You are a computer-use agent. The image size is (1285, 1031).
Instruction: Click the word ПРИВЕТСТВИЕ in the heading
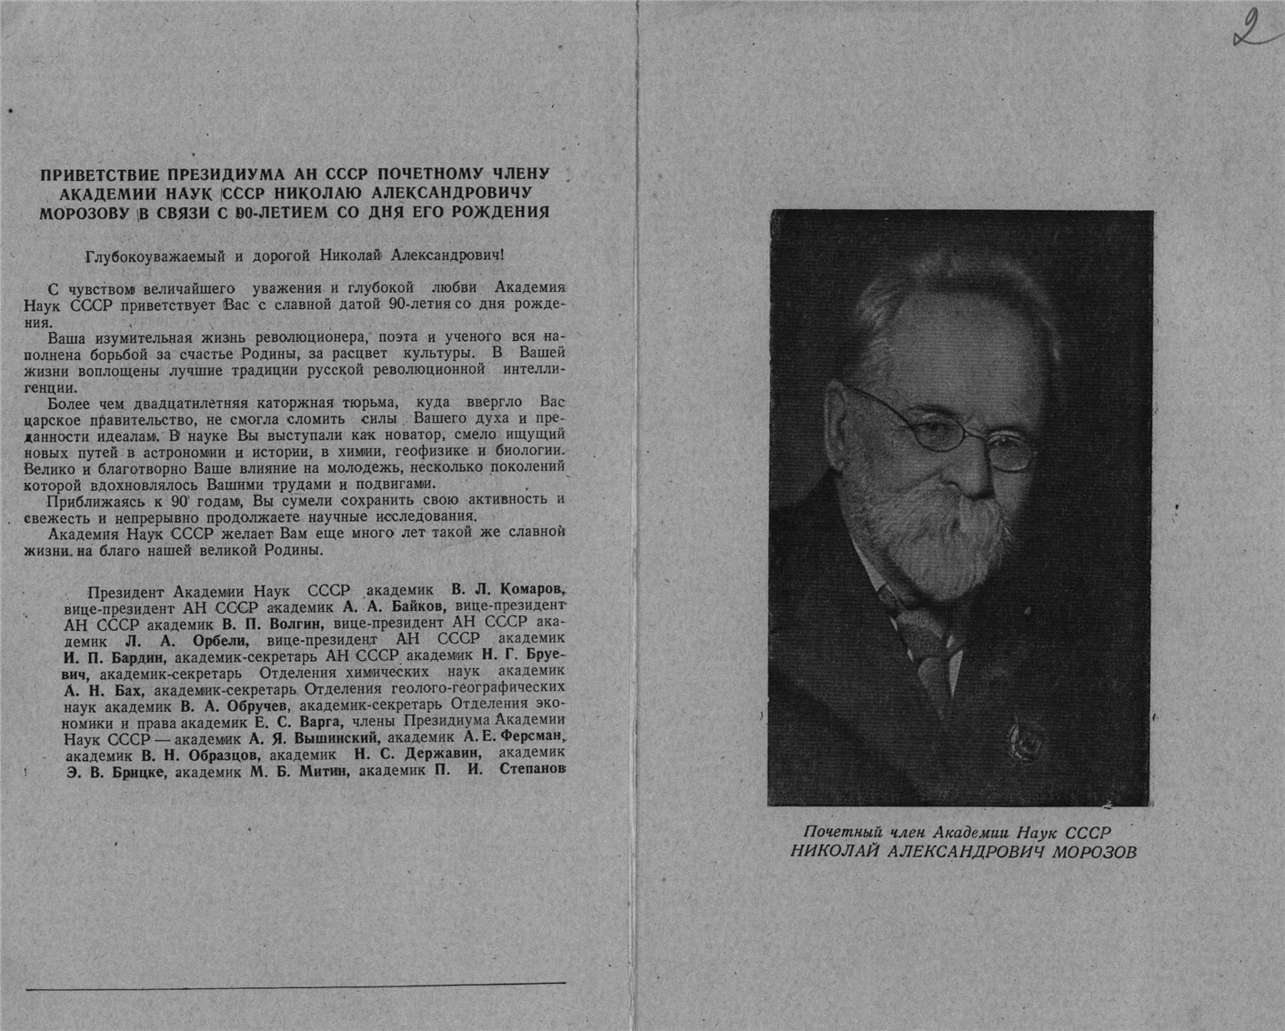pyautogui.click(x=99, y=175)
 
